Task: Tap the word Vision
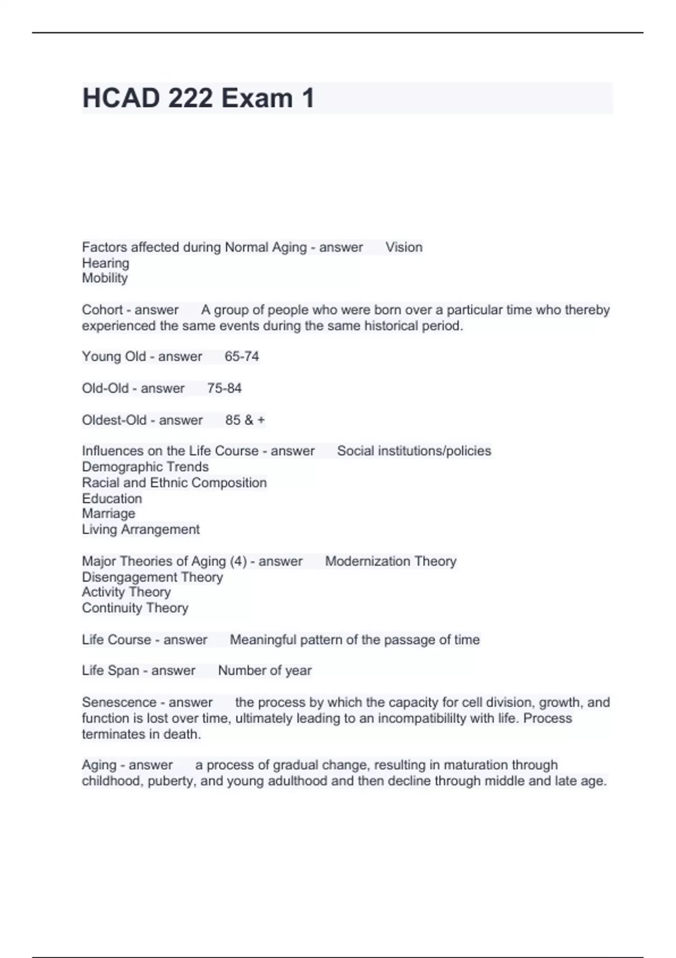pyautogui.click(x=404, y=247)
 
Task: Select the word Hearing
pyautogui.click(x=105, y=263)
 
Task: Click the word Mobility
pyautogui.click(x=105, y=278)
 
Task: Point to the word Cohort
pyautogui.click(x=102, y=310)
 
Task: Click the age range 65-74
pyautogui.click(x=242, y=357)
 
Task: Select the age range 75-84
pyautogui.click(x=224, y=388)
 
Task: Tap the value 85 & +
pyautogui.click(x=245, y=420)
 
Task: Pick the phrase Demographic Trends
pyautogui.click(x=145, y=467)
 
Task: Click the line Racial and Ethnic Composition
pyautogui.click(x=174, y=482)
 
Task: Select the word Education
pyautogui.click(x=112, y=499)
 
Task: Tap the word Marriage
pyautogui.click(x=109, y=513)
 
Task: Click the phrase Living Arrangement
pyautogui.click(x=141, y=529)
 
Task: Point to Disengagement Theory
pyautogui.click(x=152, y=577)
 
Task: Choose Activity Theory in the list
pyautogui.click(x=126, y=592)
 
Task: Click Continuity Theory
pyautogui.click(x=135, y=608)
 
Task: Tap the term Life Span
pyautogui.click(x=110, y=671)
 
